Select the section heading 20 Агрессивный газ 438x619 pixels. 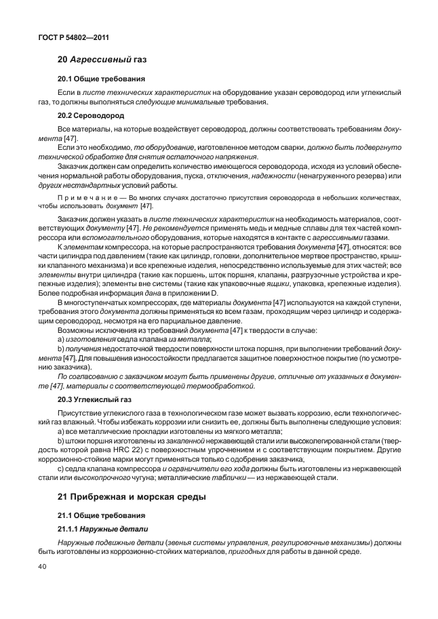[103, 60]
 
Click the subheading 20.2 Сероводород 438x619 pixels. [86, 115]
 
